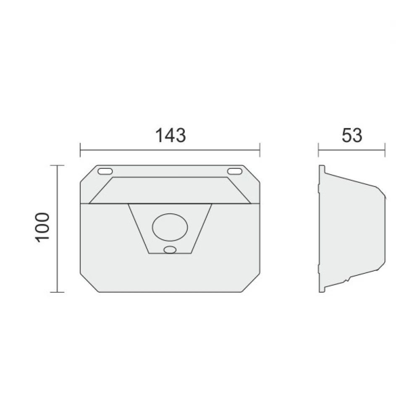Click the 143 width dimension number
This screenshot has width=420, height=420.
coord(171,135)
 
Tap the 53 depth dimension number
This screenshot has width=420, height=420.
coord(352,135)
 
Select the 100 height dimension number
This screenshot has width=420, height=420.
coord(43,227)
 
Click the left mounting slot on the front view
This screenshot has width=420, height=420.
coord(105,171)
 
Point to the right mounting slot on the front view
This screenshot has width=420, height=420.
coord(235,171)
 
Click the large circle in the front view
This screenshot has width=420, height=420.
coord(170,227)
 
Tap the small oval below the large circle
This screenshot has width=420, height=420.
coord(170,250)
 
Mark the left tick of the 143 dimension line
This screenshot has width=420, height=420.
coord(80,150)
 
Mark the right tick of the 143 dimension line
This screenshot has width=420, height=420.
coord(260,150)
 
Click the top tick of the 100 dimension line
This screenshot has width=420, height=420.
coord(57,165)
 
